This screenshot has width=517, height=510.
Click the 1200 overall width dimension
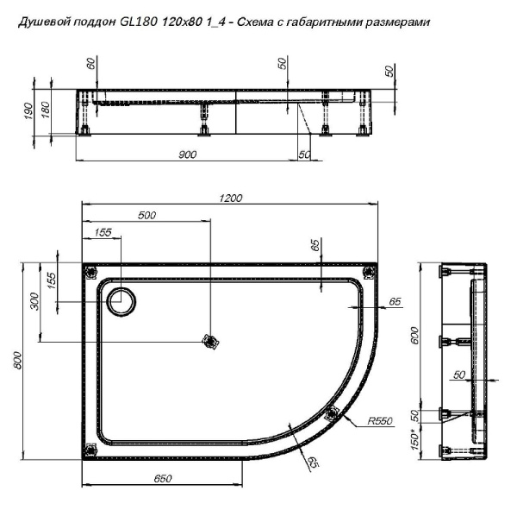[230, 198]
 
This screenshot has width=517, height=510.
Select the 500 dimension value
[146, 216]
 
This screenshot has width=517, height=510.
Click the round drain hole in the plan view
[121, 301]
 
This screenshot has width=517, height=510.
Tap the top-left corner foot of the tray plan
[90, 272]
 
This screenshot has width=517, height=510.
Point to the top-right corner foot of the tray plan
[369, 272]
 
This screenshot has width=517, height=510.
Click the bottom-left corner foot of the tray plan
[90, 450]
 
